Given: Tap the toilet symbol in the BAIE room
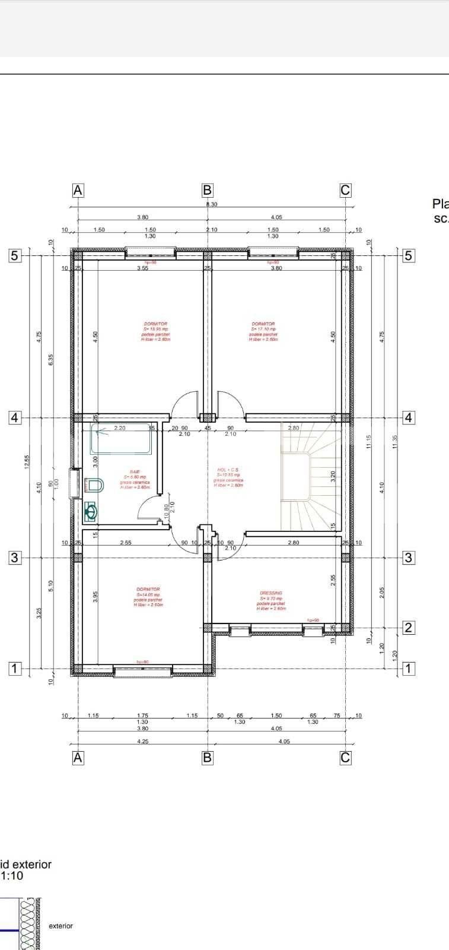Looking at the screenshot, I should [x=95, y=486].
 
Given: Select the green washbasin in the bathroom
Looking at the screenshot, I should [x=90, y=511].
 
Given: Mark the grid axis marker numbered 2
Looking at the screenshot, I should [x=408, y=628].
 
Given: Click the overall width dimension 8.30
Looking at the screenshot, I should [x=211, y=204].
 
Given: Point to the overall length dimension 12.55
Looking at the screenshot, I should [x=27, y=462].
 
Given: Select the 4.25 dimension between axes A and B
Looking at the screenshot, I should [x=142, y=741].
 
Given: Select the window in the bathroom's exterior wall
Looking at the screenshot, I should [x=75, y=482].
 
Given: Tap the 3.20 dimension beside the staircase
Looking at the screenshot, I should [x=333, y=476].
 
